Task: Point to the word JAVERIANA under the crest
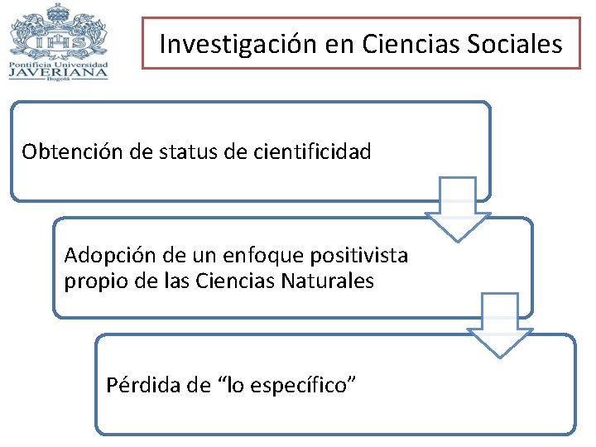58,71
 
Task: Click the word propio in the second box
90,281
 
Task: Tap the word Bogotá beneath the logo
58,80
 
